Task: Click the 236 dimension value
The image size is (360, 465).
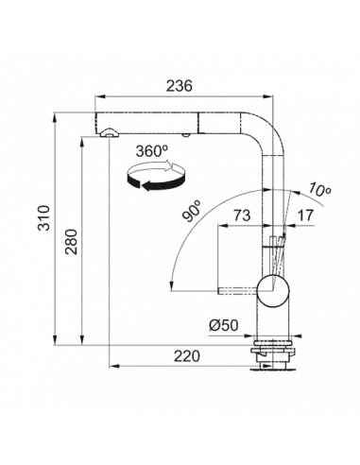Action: (179, 86)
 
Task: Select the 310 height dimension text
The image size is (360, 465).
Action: (43, 217)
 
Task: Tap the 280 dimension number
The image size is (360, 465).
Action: (71, 242)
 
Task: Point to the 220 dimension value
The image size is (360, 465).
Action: (187, 356)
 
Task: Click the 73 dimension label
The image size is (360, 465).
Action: (242, 215)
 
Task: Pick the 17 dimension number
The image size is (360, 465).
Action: (305, 215)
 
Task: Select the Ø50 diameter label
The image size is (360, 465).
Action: (224, 325)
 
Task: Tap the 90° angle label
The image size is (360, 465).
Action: (192, 212)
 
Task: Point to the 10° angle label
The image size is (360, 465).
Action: (319, 190)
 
